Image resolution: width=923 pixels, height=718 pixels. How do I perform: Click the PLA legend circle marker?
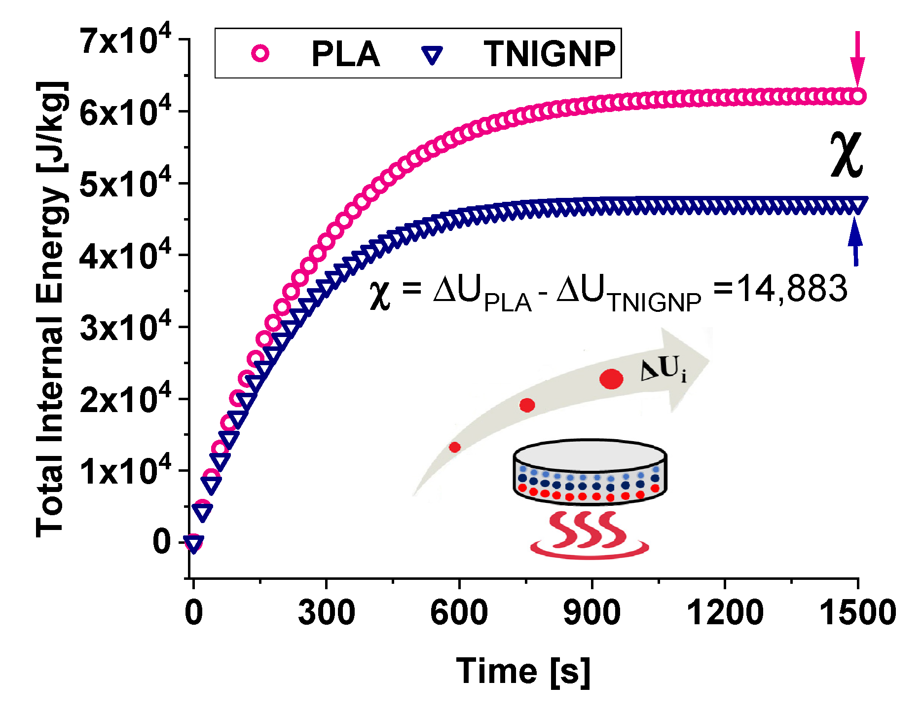[x=260, y=53]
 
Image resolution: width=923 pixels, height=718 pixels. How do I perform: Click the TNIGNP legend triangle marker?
[x=433, y=55]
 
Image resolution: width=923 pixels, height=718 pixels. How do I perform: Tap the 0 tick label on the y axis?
[x=162, y=542]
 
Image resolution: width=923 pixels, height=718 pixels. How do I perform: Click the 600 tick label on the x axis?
[x=459, y=612]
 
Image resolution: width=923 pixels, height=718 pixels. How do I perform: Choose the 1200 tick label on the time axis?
[x=725, y=612]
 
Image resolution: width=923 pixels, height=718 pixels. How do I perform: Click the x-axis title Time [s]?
[x=523, y=672]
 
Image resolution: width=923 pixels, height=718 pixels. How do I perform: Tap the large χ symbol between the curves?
[x=847, y=154]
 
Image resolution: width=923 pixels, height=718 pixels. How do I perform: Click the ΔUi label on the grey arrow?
[x=663, y=370]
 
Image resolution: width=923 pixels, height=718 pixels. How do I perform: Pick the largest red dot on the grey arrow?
[x=611, y=379]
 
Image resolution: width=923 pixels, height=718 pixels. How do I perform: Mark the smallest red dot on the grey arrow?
[x=454, y=447]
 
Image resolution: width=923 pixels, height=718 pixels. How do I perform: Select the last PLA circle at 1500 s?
[x=858, y=96]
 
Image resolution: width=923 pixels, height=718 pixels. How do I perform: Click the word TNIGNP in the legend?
[x=549, y=54]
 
